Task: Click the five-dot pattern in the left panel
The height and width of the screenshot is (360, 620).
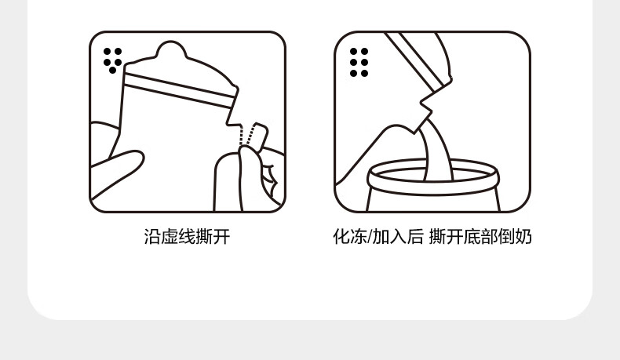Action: point(113,60)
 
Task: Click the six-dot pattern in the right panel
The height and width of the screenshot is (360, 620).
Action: point(359,63)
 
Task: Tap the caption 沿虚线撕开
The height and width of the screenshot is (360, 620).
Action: point(187,237)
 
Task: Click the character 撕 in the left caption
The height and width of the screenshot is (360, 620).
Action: point(204,237)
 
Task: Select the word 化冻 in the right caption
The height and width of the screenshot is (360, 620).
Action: point(350,237)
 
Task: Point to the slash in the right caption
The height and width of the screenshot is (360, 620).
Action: point(370,237)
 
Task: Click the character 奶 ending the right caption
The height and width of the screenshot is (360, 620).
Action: point(523,237)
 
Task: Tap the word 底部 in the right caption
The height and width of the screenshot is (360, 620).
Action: point(480,237)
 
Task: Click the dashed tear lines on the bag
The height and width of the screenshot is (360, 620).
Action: point(245,135)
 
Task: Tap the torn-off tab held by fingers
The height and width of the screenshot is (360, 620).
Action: point(259,136)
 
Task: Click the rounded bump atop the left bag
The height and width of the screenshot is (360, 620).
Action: point(171,49)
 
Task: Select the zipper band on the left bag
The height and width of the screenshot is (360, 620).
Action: point(179,90)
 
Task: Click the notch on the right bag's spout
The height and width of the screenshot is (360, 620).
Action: point(425,104)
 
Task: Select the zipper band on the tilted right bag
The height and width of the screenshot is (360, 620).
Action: point(418,60)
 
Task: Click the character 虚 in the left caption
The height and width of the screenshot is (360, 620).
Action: point(170,237)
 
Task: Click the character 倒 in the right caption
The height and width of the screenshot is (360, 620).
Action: point(506,237)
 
